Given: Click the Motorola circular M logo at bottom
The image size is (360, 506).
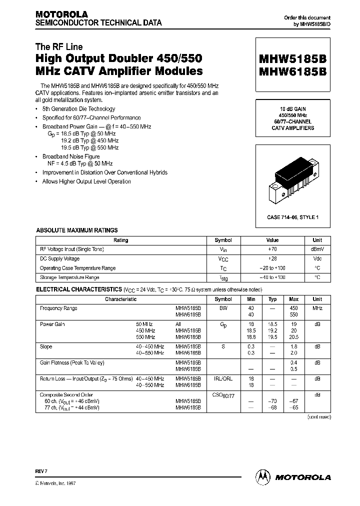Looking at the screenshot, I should [263, 477].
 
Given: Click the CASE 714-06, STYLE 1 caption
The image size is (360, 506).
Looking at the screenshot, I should [293, 216].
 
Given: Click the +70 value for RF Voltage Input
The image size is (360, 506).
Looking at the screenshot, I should [272, 249].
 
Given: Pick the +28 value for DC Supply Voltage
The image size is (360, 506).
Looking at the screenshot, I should [272, 259].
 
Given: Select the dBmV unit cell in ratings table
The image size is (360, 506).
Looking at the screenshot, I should [317, 249].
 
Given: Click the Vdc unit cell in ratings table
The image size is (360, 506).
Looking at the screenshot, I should [317, 259].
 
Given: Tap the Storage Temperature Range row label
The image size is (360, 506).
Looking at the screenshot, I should [69, 277].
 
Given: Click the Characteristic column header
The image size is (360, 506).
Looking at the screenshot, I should [120, 299].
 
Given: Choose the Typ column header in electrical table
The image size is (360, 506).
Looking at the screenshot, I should [272, 299].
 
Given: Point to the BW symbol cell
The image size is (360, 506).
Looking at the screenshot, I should [223, 308].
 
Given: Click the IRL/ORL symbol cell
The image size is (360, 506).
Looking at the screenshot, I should [223, 379].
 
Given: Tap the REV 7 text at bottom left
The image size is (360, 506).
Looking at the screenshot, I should [41, 471].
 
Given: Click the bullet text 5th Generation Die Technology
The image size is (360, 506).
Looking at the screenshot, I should [78, 109].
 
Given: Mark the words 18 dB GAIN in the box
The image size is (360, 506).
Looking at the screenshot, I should [293, 108].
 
